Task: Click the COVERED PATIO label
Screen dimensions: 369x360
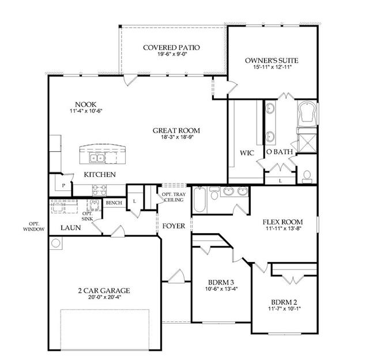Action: (x=171, y=47)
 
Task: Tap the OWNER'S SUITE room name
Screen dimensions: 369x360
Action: (x=272, y=61)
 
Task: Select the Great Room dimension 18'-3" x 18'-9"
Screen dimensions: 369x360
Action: (x=176, y=137)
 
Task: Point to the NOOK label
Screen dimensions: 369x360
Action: (x=86, y=104)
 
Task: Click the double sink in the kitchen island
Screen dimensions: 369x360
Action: (x=96, y=157)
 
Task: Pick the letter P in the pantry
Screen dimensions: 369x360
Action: (x=63, y=186)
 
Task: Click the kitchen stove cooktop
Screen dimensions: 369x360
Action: (x=99, y=190)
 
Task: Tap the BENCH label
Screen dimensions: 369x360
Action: (x=114, y=202)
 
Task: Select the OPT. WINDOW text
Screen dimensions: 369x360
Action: (x=33, y=226)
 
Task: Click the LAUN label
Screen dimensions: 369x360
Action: (x=70, y=228)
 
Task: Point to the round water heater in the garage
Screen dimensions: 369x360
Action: (x=56, y=243)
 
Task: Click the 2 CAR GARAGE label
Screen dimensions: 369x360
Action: (x=104, y=291)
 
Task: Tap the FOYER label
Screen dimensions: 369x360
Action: (x=174, y=226)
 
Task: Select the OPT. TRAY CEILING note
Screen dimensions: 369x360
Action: (x=174, y=197)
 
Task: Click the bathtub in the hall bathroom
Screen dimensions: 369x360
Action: (x=199, y=200)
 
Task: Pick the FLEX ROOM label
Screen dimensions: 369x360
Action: (x=283, y=222)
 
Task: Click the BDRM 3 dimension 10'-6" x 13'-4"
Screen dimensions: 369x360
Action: (x=221, y=288)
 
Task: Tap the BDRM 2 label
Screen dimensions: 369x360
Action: (x=284, y=302)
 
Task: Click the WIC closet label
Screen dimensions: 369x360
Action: (x=247, y=153)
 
